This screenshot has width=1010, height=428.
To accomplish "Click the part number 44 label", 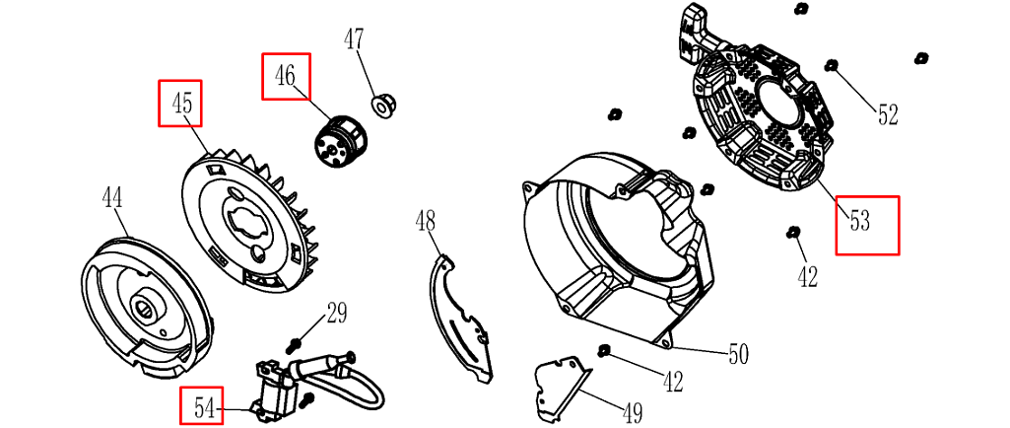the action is (112, 197).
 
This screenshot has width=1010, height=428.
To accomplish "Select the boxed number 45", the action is (180, 103).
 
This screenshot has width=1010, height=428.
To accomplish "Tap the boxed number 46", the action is (286, 76).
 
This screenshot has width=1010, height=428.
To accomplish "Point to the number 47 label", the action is (353, 39).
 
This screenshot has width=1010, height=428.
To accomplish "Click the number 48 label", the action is (425, 222).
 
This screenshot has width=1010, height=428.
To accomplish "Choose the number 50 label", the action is (738, 354).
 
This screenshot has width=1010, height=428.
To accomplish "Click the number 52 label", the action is (888, 114).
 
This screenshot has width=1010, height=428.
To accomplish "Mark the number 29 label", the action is (336, 314).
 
